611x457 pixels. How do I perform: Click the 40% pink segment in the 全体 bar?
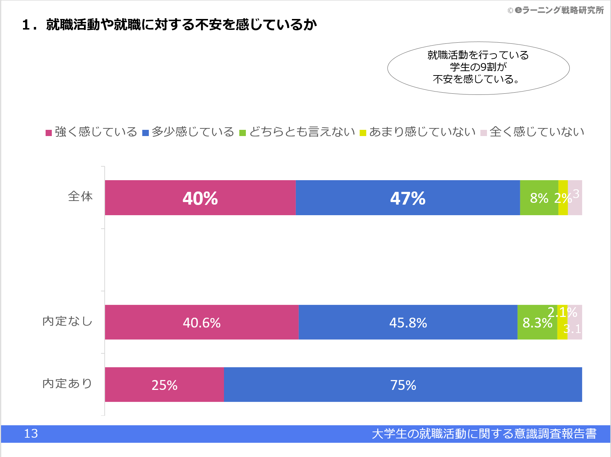coord(200,198)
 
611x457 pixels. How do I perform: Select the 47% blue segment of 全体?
coord(407,198)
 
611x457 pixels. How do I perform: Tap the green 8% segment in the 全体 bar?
coord(539,198)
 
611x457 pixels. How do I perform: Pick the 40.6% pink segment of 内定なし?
coord(201,322)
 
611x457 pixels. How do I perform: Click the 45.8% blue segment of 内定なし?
coord(408,322)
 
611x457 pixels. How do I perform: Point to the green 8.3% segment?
coord(537,323)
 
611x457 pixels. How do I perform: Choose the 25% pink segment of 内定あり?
coord(164,385)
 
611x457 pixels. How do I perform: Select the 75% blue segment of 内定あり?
coord(403,385)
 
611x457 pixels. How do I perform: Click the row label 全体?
coord(80,197)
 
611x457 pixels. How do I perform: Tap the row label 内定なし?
coord(67,321)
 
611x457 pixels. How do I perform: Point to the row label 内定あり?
coord(67,384)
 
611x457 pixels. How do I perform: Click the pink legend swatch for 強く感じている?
coord(49,133)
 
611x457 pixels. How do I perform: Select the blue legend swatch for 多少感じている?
coord(146,133)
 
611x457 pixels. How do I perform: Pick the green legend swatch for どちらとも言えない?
coord(243,133)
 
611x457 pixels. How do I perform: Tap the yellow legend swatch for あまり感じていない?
coord(363,133)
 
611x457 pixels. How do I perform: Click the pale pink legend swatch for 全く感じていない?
coord(484,133)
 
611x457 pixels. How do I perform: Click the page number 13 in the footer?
coord(31,434)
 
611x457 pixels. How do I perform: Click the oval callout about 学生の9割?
coord(478,68)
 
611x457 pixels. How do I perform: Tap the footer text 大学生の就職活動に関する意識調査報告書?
coord(484,434)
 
